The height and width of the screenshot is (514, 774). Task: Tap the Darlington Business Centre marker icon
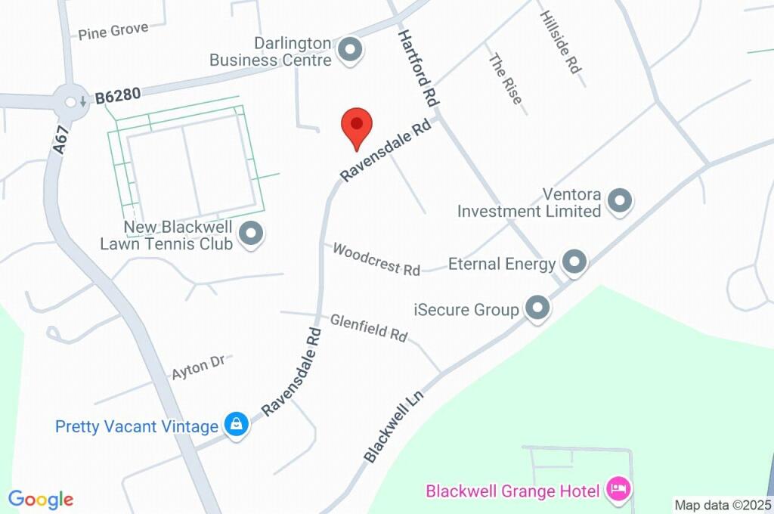[350, 51]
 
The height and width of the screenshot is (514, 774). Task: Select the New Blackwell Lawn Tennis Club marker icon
[251, 234]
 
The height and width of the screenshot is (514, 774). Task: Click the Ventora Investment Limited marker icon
[621, 201]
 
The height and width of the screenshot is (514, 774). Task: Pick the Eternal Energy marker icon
[575, 262]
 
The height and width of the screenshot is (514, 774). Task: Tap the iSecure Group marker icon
[537, 308]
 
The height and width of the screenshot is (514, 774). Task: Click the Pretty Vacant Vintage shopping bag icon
[237, 425]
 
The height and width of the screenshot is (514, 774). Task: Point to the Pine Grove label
[113, 31]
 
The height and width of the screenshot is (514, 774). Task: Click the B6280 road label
[118, 96]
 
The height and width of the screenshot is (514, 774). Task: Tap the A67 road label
[61, 141]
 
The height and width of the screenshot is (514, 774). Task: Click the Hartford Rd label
[419, 67]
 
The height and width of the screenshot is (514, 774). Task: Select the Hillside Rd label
[560, 42]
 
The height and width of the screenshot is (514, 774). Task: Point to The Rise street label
[506, 79]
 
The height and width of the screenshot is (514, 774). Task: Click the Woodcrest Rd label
[376, 259]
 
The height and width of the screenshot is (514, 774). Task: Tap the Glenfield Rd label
[369, 327]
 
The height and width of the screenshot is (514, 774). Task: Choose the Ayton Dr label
[198, 367]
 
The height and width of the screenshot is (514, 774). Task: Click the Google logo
[41, 499]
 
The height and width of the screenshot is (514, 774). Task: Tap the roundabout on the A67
[70, 102]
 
